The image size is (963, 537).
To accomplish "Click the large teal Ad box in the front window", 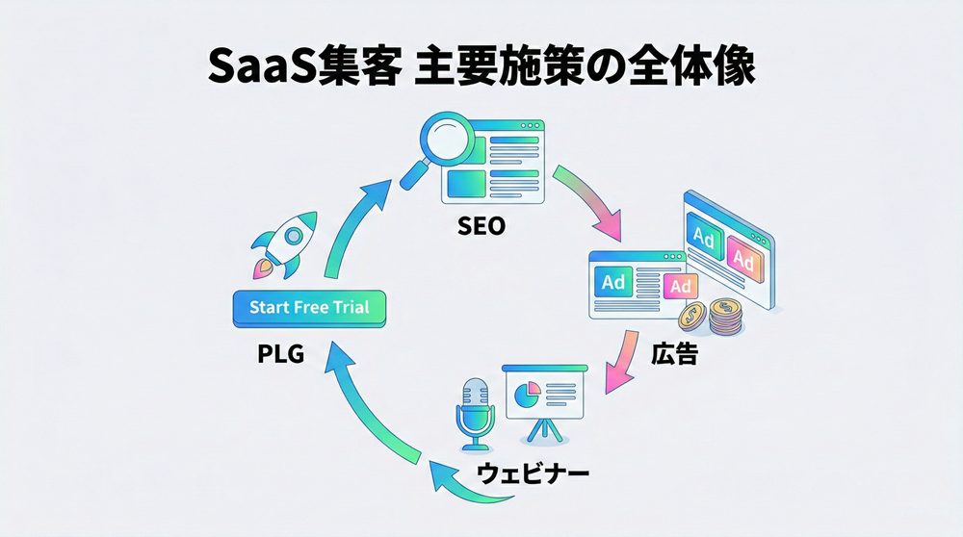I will (613, 282).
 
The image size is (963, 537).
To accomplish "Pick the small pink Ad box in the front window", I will (680, 287).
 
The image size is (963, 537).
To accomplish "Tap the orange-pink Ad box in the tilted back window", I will (742, 258).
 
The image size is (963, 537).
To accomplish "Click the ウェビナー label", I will (533, 473).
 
